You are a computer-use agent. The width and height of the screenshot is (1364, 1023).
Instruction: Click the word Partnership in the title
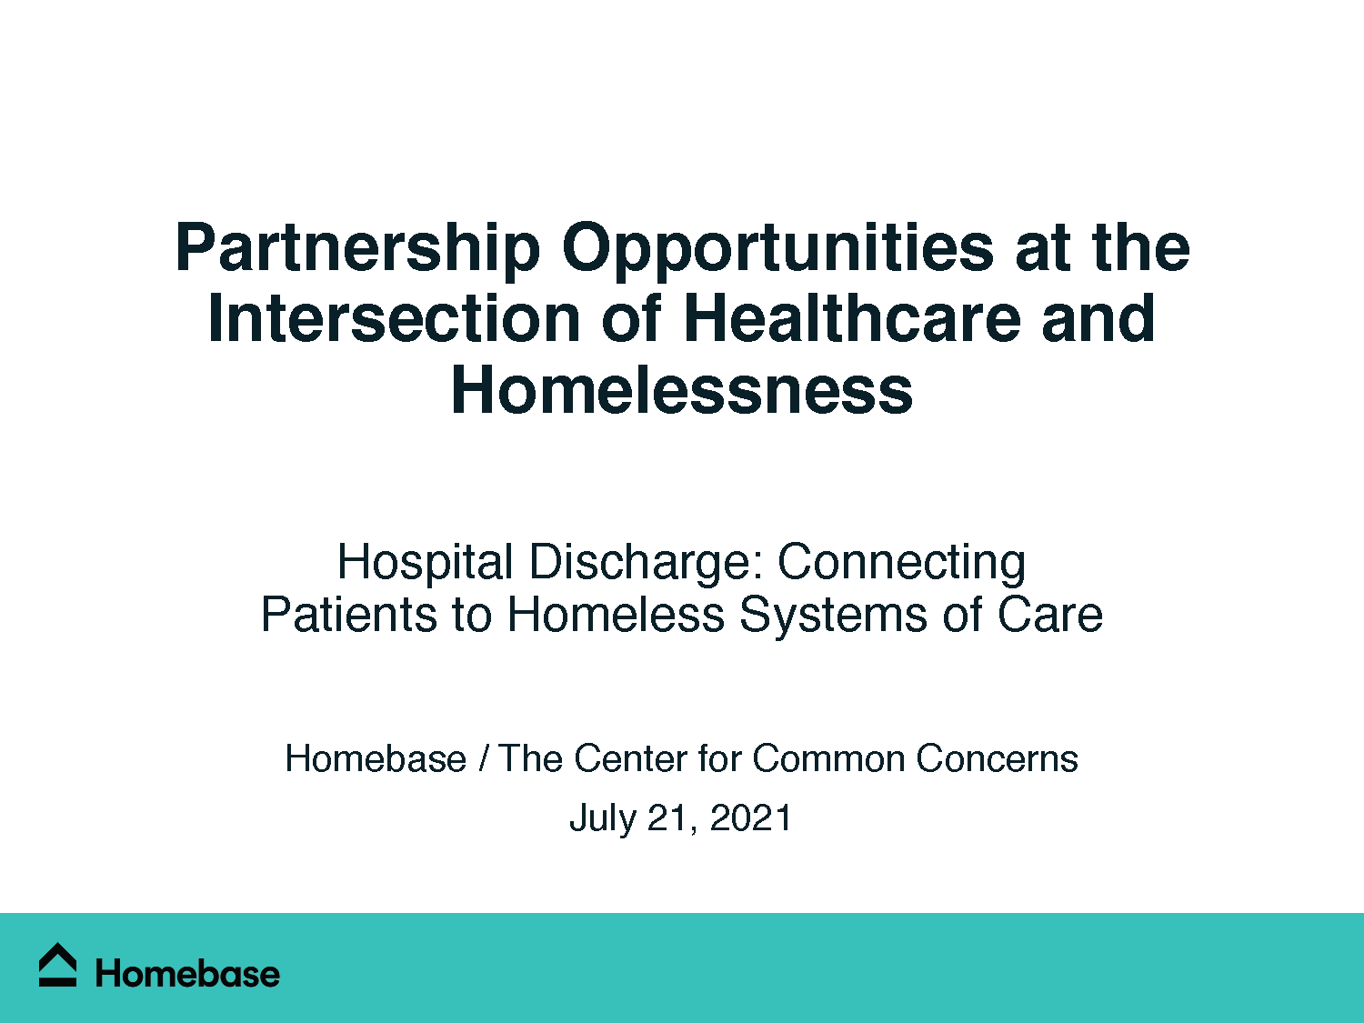point(357,247)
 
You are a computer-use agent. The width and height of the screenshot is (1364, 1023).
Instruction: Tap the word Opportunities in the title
point(777,247)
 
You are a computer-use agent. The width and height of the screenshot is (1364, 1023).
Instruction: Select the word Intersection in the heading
point(394,319)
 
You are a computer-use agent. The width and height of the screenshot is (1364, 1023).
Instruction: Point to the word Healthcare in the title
point(851,319)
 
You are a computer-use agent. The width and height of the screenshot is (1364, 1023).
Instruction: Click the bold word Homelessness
point(682,390)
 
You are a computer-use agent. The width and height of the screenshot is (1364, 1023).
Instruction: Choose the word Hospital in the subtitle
point(425,562)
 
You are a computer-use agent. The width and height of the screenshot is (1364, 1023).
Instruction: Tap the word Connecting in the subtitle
point(901,562)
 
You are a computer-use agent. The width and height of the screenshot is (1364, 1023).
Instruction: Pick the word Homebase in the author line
point(376,758)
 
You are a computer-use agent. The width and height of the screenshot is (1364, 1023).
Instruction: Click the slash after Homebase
point(483,758)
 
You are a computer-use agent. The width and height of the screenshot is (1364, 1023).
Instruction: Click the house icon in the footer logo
point(58,965)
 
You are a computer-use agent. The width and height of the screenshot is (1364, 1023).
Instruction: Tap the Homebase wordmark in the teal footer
point(187,974)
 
